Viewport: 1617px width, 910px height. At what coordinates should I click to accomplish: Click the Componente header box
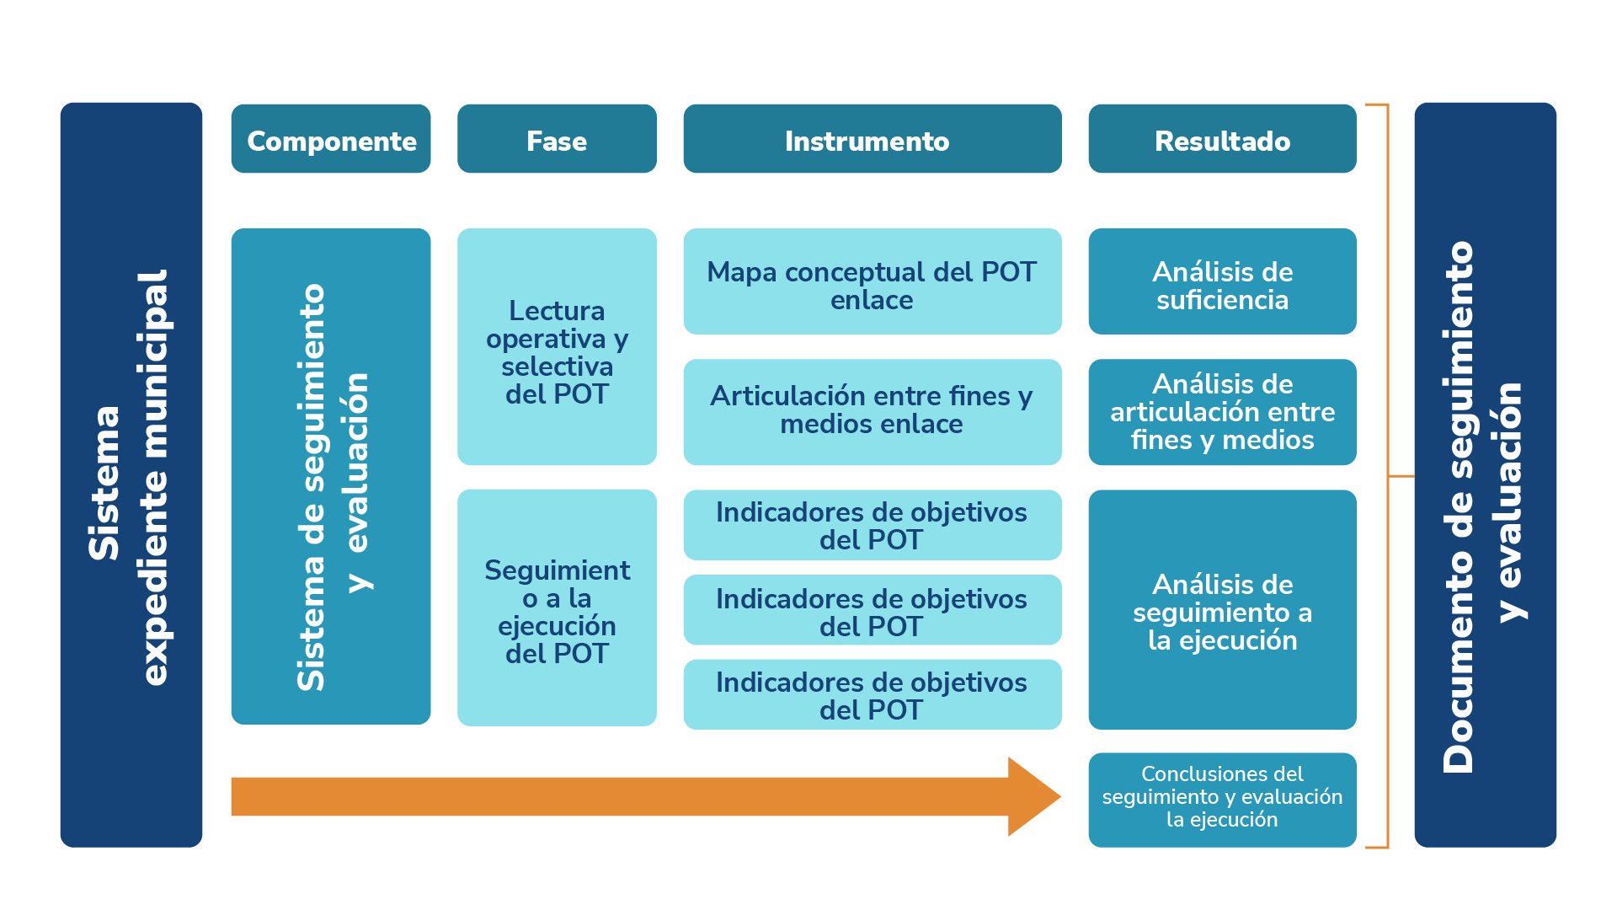(331, 139)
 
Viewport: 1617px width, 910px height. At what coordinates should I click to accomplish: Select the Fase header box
(557, 139)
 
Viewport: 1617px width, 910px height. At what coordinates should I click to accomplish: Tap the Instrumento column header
(872, 139)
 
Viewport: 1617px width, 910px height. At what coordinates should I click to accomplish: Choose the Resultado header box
(1222, 139)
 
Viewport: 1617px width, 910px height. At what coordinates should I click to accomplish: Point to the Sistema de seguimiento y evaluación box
(331, 476)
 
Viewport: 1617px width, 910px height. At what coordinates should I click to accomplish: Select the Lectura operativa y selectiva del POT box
(557, 347)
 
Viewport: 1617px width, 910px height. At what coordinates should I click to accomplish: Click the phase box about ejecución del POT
(557, 608)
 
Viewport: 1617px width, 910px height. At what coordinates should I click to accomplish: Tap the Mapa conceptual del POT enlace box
(872, 281)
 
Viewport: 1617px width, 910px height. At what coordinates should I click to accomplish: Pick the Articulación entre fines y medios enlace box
(872, 412)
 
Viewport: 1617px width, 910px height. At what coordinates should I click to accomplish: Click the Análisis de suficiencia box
(1222, 281)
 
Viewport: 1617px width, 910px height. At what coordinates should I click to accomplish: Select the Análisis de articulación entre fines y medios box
(1222, 412)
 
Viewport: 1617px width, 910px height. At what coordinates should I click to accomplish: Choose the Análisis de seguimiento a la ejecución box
(1222, 609)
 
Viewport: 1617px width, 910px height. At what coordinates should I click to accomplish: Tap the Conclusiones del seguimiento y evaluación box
(1222, 799)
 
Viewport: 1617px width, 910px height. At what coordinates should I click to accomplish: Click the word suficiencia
(1222, 300)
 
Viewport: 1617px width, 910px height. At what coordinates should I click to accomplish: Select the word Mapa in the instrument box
(741, 272)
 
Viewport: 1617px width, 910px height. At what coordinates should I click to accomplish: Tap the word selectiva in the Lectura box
(557, 367)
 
